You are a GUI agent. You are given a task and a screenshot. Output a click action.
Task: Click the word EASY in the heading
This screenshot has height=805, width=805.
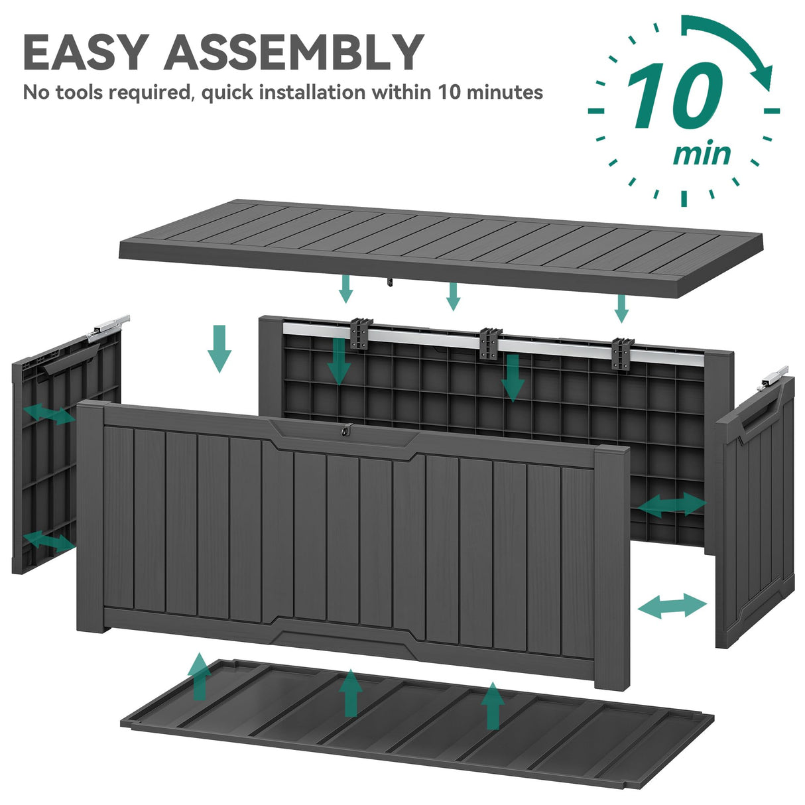pos(84,51)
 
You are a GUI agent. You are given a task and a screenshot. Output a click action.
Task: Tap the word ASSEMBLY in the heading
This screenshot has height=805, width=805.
pos(294,51)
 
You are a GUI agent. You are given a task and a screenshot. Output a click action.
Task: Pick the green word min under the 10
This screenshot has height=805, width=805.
pos(702,154)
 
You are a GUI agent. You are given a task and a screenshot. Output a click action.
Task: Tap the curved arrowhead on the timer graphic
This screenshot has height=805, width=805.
pos(763,76)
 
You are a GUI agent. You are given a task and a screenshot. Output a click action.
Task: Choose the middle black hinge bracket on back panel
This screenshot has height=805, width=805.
pos(489,342)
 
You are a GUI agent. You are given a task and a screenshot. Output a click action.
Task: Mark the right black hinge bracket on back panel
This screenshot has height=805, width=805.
pos(623,353)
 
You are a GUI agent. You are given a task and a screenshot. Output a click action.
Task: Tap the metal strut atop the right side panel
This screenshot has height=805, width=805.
pos(774,376)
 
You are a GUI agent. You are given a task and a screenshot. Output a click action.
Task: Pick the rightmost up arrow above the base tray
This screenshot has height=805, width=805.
pos(491,706)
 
